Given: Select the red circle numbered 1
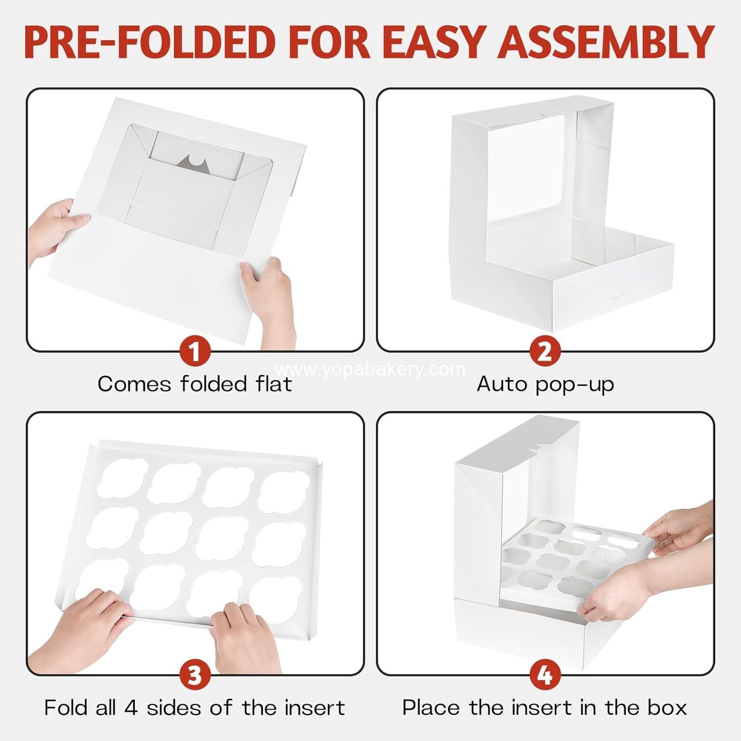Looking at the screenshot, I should [x=195, y=352].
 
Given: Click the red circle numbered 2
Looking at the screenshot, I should [x=544, y=352].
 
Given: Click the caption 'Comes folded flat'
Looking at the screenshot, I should [x=195, y=384].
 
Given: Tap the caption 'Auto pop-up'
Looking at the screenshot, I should [x=545, y=384].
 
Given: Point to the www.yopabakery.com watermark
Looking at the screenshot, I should [x=370, y=369].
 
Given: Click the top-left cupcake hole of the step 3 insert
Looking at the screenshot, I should [x=123, y=478].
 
